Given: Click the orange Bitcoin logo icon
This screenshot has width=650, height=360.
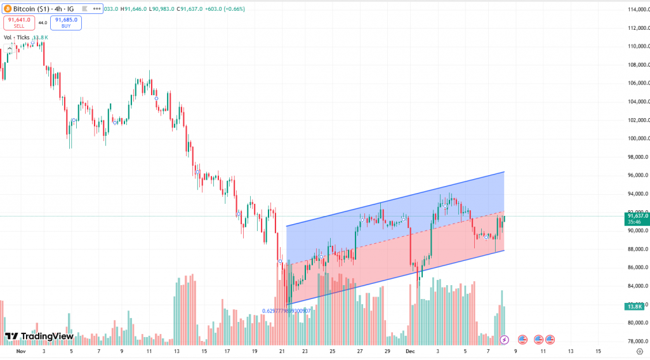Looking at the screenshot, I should pyautogui.click(x=7, y=8).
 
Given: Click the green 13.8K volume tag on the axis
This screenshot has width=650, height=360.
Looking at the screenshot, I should pyautogui.click(x=635, y=307).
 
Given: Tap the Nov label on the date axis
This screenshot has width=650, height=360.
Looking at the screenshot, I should pyautogui.click(x=21, y=351).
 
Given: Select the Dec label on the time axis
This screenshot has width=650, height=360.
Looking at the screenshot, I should pyautogui.click(x=410, y=351).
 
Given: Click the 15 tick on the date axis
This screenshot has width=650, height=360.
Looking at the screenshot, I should pyautogui.click(x=599, y=351).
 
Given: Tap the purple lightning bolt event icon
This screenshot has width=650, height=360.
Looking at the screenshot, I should pyautogui.click(x=504, y=340).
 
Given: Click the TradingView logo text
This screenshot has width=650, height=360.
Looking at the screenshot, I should pyautogui.click(x=39, y=337).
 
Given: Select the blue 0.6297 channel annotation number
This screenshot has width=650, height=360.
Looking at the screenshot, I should pyautogui.click(x=287, y=311).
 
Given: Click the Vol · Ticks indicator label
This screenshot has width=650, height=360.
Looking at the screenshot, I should pyautogui.click(x=17, y=37).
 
